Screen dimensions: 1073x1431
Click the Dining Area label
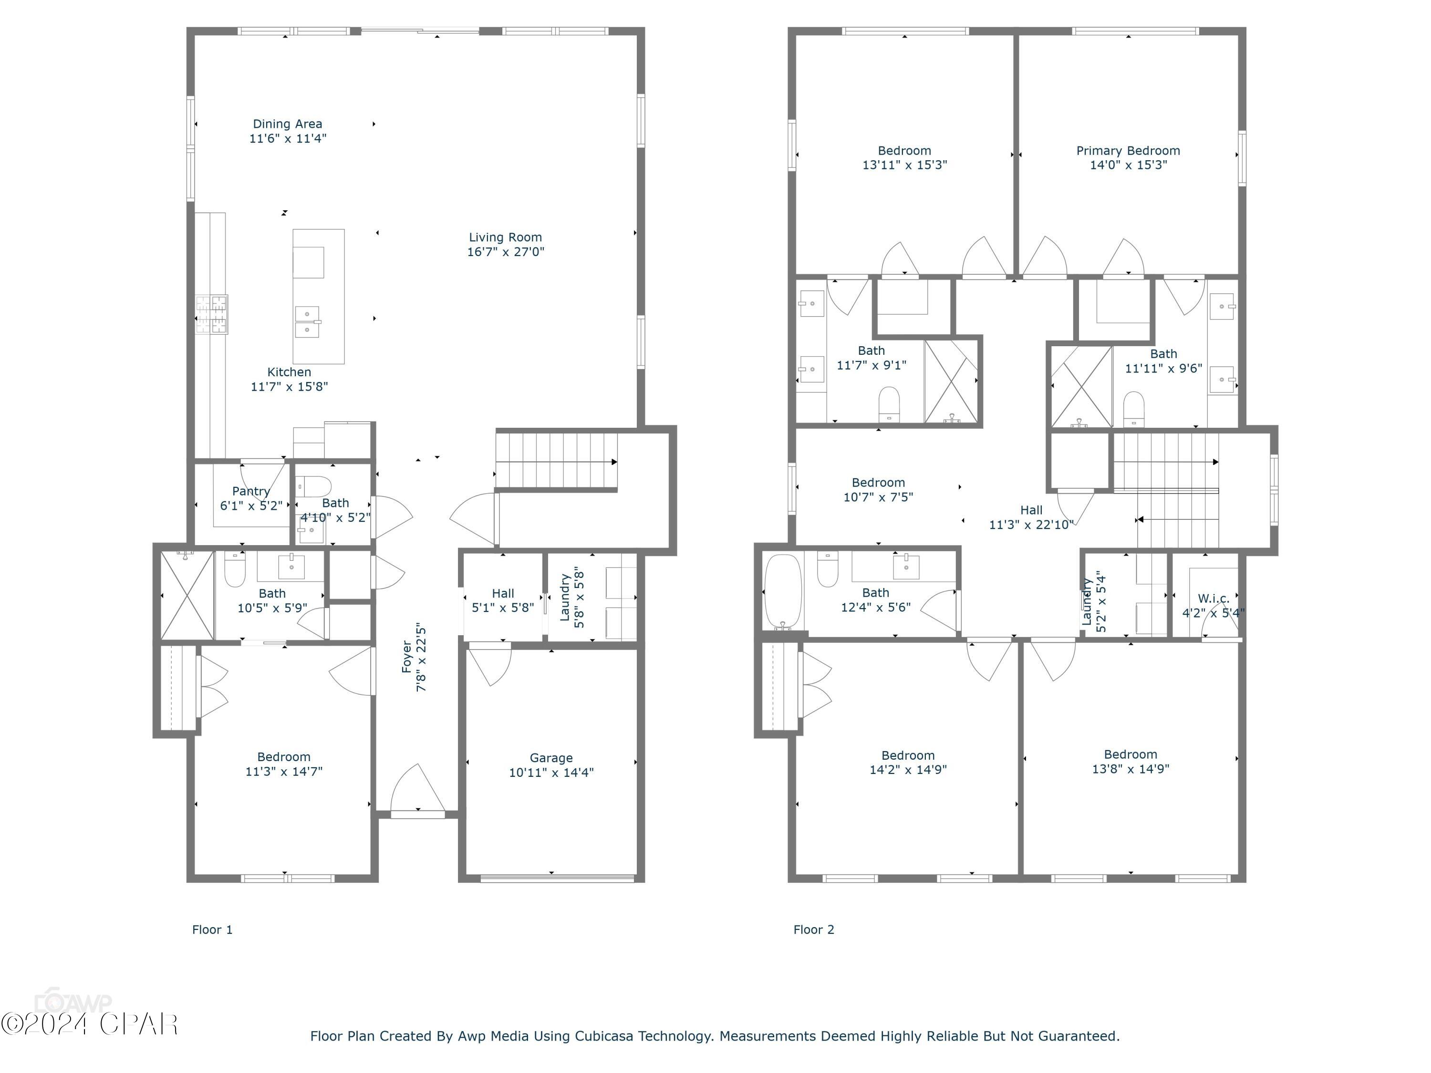pos(287,124)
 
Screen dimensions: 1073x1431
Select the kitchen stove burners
pos(213,315)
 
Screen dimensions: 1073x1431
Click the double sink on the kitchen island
pos(307,321)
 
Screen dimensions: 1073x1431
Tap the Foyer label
pos(407,657)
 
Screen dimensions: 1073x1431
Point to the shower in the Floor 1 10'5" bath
pos(187,595)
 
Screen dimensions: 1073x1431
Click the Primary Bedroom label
pos(1128,151)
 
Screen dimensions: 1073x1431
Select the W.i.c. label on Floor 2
pos(1213,598)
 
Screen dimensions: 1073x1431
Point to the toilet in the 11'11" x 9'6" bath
pos(1133,409)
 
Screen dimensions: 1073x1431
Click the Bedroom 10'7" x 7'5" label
pos(878,483)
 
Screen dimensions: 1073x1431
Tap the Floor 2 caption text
pos(813,929)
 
